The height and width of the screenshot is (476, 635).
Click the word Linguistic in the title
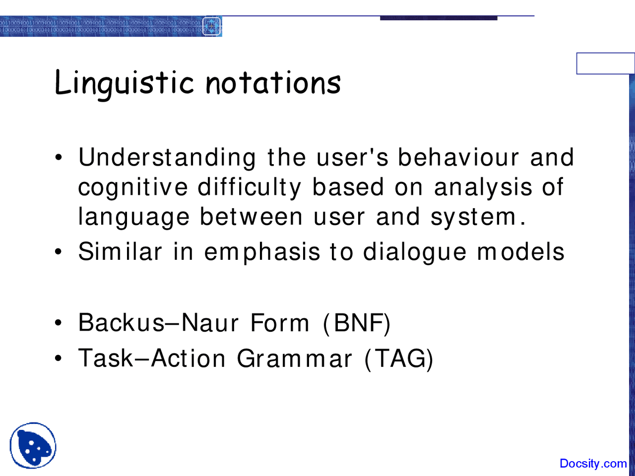[x=124, y=83]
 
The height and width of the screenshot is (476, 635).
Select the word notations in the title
[x=273, y=83]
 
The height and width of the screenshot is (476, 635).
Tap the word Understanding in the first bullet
[x=167, y=158]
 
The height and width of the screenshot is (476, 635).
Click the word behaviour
[x=458, y=158]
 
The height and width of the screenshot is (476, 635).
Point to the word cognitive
[x=133, y=188]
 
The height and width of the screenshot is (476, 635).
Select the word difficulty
[x=250, y=188]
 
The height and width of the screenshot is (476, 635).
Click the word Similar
[x=120, y=251]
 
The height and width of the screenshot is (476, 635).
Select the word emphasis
[x=262, y=252]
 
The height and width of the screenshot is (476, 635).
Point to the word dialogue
[x=415, y=252]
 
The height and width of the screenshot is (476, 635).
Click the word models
[x=520, y=251]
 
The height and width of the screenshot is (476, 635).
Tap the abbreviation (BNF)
[x=357, y=323]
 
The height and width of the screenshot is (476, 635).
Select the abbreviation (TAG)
[x=399, y=358]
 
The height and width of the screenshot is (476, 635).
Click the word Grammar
[x=294, y=358]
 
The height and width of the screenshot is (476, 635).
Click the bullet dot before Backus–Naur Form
[x=59, y=324]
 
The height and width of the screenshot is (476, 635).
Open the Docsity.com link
[x=593, y=464]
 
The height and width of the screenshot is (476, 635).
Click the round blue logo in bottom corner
[x=33, y=445]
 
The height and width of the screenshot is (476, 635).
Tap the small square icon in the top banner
[x=212, y=26]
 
